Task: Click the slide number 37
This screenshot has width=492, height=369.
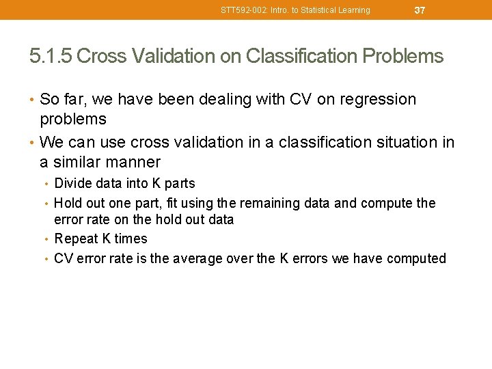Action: point(420,10)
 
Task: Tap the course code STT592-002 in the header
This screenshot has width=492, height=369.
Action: point(247,10)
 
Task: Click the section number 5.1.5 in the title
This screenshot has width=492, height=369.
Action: point(51,56)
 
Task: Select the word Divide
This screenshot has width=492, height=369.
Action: point(74,183)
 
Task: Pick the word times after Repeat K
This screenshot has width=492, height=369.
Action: point(131,238)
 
